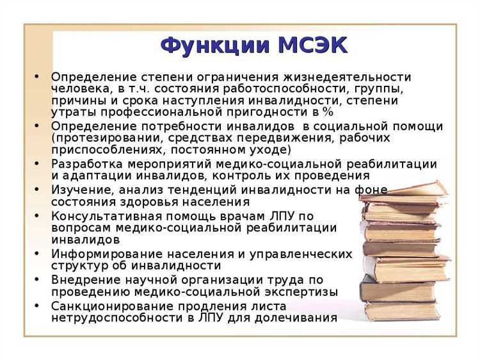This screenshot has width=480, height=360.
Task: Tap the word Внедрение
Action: (x=83, y=279)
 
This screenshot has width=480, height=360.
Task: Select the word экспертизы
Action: (x=303, y=291)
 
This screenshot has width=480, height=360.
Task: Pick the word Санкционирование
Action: (x=106, y=305)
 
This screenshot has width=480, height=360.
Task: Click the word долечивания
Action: (x=298, y=317)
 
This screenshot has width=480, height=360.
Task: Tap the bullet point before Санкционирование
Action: (x=37, y=306)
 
